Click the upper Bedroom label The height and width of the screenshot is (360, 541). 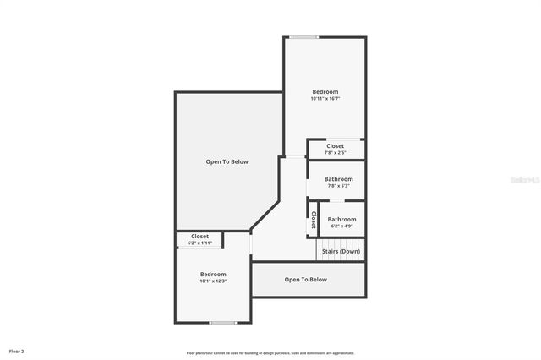click(x=325, y=91)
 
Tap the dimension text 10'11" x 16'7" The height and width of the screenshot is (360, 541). click(x=325, y=99)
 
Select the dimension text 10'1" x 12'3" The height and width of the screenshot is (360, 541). click(x=213, y=281)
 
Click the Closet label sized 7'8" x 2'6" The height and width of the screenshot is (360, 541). click(x=335, y=146)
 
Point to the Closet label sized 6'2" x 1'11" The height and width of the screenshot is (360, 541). click(x=199, y=237)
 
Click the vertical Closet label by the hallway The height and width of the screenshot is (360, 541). click(x=312, y=220)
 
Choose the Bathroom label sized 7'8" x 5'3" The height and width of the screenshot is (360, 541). click(x=338, y=179)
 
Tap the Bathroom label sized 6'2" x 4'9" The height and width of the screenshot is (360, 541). click(x=342, y=219)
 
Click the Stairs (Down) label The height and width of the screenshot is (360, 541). click(x=341, y=252)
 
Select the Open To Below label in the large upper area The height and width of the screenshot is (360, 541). click(x=227, y=161)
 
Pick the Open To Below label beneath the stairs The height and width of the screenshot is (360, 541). click(x=305, y=280)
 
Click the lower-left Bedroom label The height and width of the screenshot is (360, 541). click(x=213, y=274)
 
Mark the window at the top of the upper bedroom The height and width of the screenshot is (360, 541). click(x=303, y=37)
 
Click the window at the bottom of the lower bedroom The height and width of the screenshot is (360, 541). click(x=223, y=323)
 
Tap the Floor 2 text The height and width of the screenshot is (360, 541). click(x=17, y=351)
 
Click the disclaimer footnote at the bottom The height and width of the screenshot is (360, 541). click(x=270, y=353)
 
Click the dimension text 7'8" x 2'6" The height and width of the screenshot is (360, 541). click(x=335, y=153)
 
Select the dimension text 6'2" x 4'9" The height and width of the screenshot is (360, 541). click(x=342, y=226)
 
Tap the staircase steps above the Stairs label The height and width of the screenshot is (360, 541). click(x=341, y=243)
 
